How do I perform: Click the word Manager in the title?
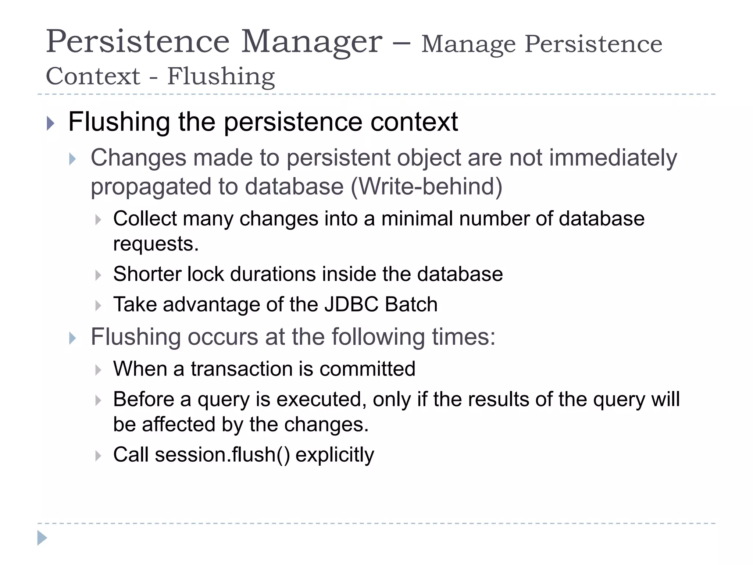pos(311,42)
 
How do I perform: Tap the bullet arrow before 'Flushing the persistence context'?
pos(51,123)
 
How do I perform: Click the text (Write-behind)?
pos(427,186)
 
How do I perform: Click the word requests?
pos(156,244)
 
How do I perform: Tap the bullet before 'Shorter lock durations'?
pos(98,275)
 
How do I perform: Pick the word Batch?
pos(411,305)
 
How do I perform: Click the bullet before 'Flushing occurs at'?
pos(72,338)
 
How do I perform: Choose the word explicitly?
pos(335,455)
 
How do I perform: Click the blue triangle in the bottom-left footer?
pos(42,538)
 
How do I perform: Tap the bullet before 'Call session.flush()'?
pos(98,456)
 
